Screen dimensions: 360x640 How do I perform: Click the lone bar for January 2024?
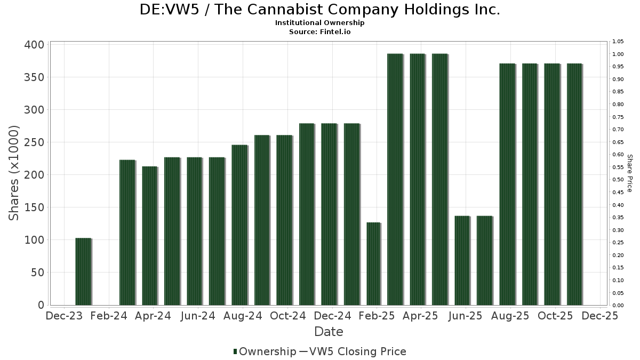pyautogui.click(x=83, y=271)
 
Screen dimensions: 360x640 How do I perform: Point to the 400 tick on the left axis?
pyautogui.click(x=34, y=45)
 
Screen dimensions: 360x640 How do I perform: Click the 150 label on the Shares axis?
pyautogui.click(x=34, y=207)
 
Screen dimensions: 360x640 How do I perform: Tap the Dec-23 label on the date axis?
pyautogui.click(x=65, y=316)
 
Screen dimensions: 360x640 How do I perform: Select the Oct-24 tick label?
pyautogui.click(x=288, y=316)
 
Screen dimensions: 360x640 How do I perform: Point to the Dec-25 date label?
pyautogui.click(x=601, y=316)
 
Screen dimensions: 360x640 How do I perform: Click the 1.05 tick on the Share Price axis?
pyautogui.click(x=618, y=42)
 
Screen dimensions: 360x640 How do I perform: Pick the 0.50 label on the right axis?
pyautogui.click(x=618, y=180)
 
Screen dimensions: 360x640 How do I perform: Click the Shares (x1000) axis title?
pyautogui.click(x=14, y=173)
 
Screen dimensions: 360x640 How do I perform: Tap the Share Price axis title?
pyautogui.click(x=629, y=173)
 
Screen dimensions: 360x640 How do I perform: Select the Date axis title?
pyautogui.click(x=329, y=332)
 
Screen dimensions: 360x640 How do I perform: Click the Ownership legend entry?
pyautogui.click(x=265, y=351)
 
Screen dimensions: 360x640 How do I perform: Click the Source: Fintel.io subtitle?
pyautogui.click(x=320, y=32)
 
